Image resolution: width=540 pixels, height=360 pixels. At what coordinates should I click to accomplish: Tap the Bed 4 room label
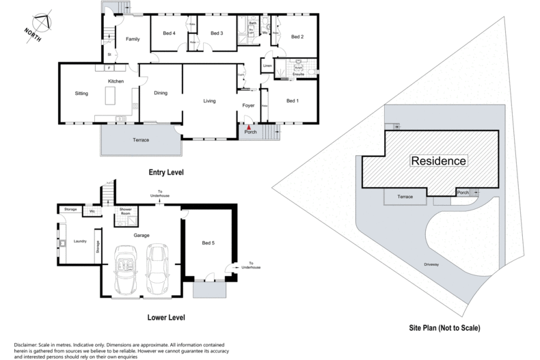click(170, 33)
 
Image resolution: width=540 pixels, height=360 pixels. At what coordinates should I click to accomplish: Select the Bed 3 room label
click(217, 33)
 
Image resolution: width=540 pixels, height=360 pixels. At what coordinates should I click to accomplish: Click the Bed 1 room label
click(293, 101)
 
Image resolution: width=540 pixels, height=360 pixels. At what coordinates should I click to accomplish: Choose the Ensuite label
click(298, 74)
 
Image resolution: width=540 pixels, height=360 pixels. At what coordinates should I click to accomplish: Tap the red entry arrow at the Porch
click(249, 126)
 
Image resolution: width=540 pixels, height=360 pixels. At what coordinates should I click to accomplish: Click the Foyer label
click(249, 105)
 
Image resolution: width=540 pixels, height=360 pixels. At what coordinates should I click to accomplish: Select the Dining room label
click(160, 93)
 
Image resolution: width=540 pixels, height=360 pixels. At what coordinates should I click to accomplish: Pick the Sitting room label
click(82, 93)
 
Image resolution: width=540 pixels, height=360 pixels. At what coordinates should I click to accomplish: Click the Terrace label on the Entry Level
click(140, 140)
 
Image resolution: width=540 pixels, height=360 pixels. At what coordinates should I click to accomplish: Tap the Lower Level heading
click(165, 318)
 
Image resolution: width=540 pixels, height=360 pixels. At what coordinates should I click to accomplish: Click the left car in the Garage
click(126, 268)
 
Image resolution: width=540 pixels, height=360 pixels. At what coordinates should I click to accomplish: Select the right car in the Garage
click(157, 267)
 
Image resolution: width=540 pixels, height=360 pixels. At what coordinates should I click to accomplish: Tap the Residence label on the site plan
click(439, 161)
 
